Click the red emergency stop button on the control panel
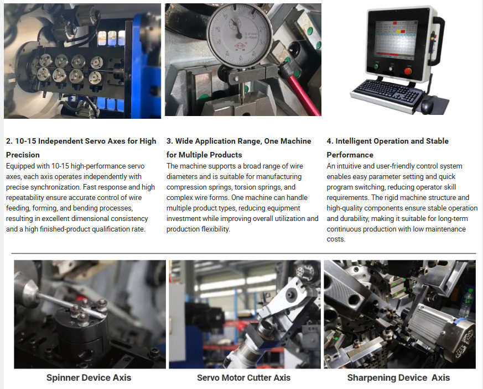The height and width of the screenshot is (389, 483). (408, 71)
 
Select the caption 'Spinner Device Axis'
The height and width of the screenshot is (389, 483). (89, 377)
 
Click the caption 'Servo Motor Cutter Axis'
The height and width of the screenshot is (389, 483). (243, 377)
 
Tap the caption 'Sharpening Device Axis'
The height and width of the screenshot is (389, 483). (398, 377)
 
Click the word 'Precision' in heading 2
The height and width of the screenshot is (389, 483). (23, 155)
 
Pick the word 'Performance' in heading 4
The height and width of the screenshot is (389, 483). (350, 155)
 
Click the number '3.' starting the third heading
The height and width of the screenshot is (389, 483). (170, 141)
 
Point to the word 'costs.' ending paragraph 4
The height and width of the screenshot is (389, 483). (336, 239)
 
